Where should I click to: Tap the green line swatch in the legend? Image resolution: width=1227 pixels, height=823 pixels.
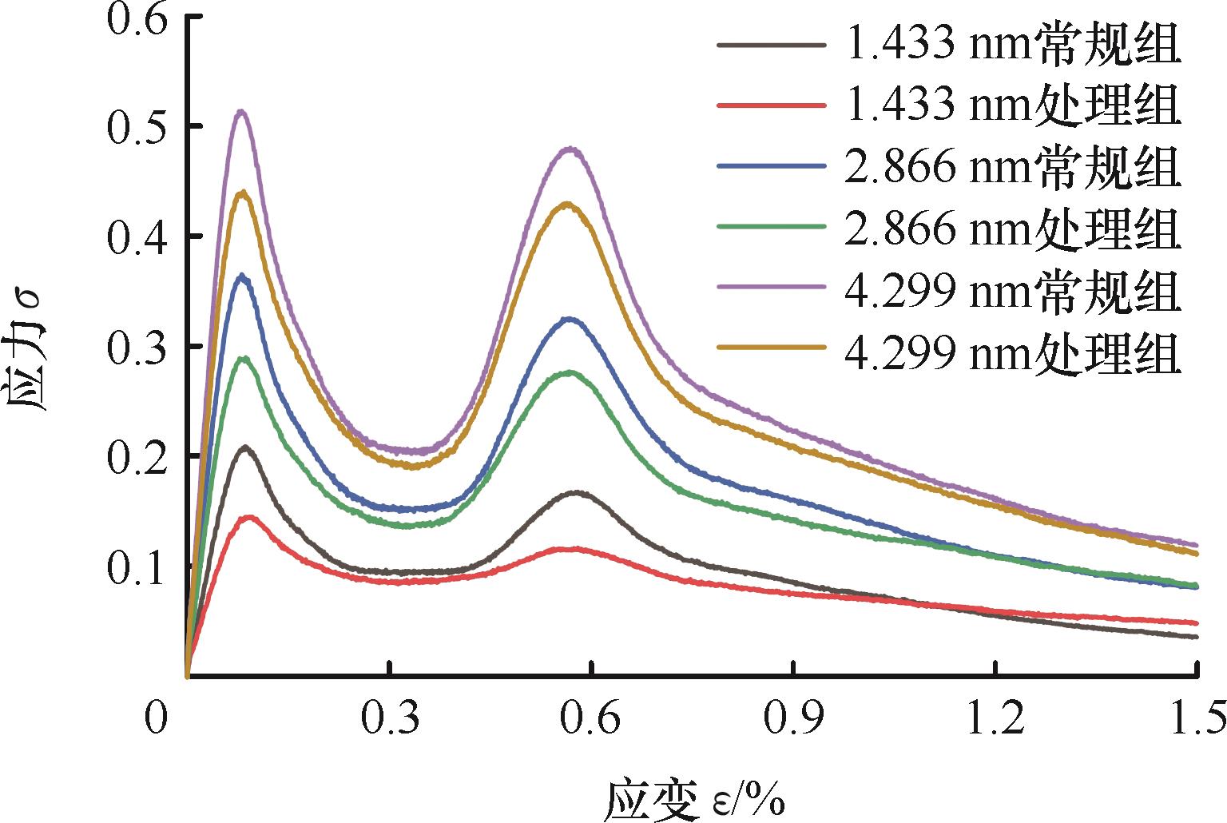click(771, 228)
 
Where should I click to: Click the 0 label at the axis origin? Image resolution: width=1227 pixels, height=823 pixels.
click(157, 717)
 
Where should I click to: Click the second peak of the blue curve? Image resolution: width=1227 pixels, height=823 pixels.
click(569, 319)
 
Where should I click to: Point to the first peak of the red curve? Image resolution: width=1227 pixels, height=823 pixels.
click(249, 517)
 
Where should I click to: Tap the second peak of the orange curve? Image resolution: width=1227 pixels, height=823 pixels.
click(567, 203)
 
